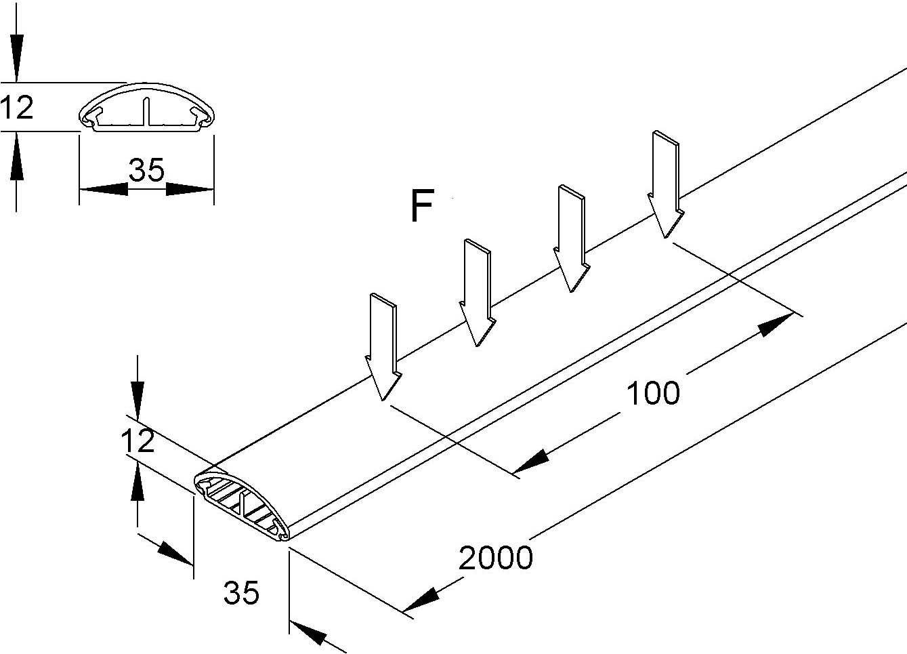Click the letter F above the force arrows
[421, 207]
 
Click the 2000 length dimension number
[496, 558]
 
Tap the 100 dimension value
[652, 393]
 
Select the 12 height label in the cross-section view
[17, 108]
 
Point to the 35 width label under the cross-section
[147, 171]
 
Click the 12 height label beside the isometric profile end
[138, 441]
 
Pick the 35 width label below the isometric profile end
[241, 593]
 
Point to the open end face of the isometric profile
[242, 505]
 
